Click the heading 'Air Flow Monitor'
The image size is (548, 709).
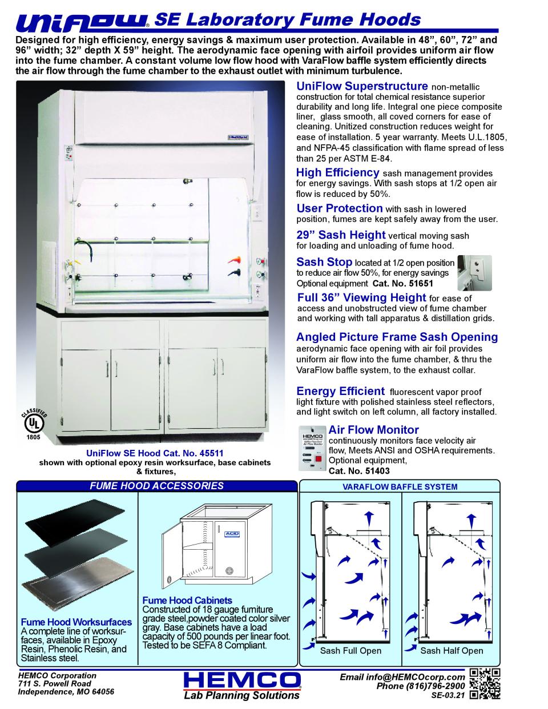click(373, 430)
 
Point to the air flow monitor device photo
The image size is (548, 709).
click(311, 450)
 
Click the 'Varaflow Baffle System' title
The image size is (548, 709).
click(400, 487)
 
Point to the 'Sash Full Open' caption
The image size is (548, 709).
click(350, 651)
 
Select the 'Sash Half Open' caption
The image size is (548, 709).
click(452, 651)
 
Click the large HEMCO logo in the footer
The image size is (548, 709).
click(243, 680)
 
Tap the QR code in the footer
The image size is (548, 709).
click(485, 683)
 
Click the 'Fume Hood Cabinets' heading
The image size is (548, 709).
click(187, 600)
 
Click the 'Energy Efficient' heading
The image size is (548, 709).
click(340, 391)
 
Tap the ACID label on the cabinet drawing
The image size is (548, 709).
click(232, 533)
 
